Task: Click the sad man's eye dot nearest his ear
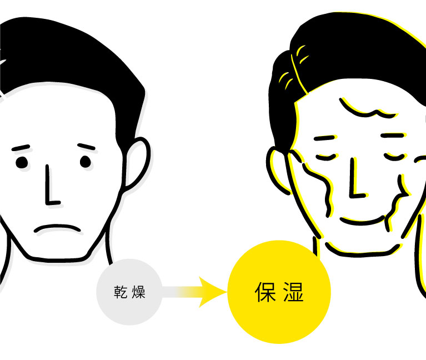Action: click(85, 162)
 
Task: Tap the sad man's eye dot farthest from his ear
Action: click(21, 162)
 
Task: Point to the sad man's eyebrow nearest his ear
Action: click(87, 147)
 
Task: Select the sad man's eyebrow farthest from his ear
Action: click(21, 148)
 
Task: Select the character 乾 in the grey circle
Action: click(121, 292)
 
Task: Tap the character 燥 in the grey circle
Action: click(138, 292)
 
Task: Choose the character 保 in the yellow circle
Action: click(266, 292)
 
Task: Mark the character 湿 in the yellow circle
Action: click(293, 292)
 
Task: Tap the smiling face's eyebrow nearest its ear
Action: click(324, 137)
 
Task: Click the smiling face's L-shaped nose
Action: click(355, 181)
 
